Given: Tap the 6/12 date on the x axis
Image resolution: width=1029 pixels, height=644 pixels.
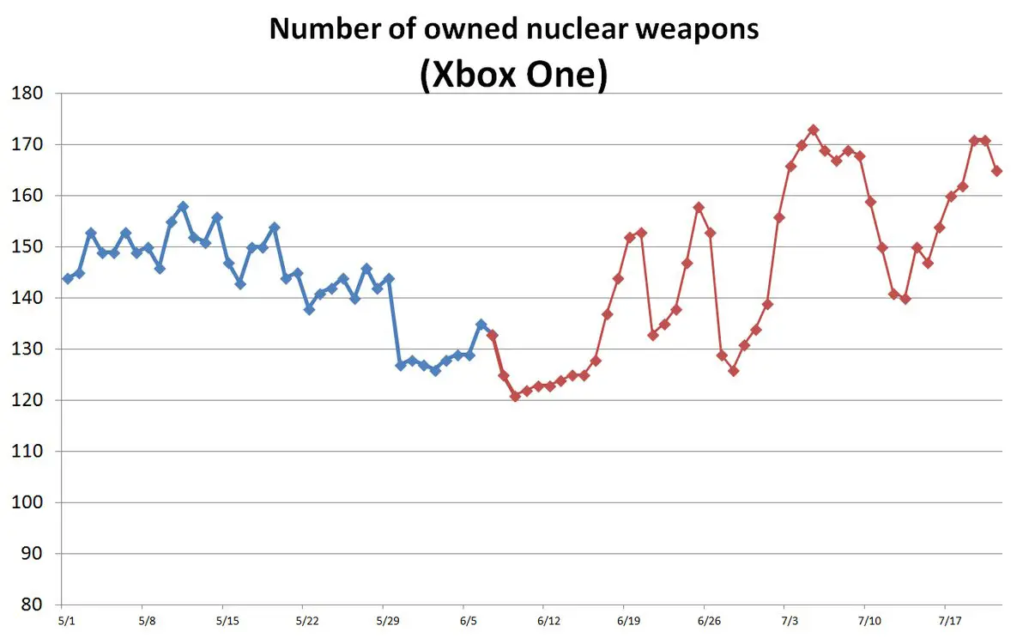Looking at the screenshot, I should coord(549,620).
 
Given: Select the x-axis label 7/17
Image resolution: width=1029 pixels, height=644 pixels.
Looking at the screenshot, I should coord(949,620).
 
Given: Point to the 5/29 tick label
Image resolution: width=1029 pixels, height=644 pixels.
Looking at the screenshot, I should coord(389,620).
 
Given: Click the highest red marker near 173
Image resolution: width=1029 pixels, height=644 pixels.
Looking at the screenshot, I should coord(814,130).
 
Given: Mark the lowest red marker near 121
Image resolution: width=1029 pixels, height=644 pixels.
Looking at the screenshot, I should coord(515,396).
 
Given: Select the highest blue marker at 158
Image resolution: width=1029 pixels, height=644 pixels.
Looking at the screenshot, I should coord(183,207).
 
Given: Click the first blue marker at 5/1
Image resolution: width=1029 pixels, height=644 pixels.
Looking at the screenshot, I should coord(68,278).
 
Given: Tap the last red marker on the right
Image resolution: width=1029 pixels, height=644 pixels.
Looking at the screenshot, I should coord(996,171).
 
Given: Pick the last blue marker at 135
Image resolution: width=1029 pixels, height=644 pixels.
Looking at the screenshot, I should coord(481,325).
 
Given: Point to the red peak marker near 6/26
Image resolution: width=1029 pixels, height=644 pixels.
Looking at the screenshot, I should coord(699,207).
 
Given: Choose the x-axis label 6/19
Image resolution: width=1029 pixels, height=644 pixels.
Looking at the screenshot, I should coord(629,620).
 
